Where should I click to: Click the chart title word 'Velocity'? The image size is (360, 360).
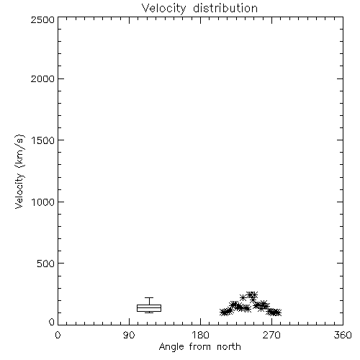163,9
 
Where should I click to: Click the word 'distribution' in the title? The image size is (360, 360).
225,8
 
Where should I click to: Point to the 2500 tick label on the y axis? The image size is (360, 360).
42,19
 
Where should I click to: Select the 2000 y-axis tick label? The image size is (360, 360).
42,78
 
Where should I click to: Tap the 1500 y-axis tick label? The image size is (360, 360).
43,140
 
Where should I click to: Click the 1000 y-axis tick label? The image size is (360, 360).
43,202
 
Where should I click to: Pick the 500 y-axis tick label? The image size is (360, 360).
46,264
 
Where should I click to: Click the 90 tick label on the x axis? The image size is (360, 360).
129,335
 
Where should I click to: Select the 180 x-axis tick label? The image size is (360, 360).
200,335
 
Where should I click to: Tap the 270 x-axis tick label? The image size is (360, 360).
271,335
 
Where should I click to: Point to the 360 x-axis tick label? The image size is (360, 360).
343,335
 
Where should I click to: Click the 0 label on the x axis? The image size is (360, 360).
58,335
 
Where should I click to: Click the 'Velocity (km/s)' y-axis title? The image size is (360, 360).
19,171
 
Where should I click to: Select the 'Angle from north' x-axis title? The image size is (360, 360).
200,347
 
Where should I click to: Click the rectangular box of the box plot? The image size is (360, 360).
149,305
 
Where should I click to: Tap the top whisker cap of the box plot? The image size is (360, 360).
149,298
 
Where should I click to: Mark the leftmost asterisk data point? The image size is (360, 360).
223,312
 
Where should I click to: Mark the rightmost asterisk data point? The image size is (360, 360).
278,312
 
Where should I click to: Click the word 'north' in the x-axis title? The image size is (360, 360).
229,346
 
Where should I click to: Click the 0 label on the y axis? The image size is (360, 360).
52,322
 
